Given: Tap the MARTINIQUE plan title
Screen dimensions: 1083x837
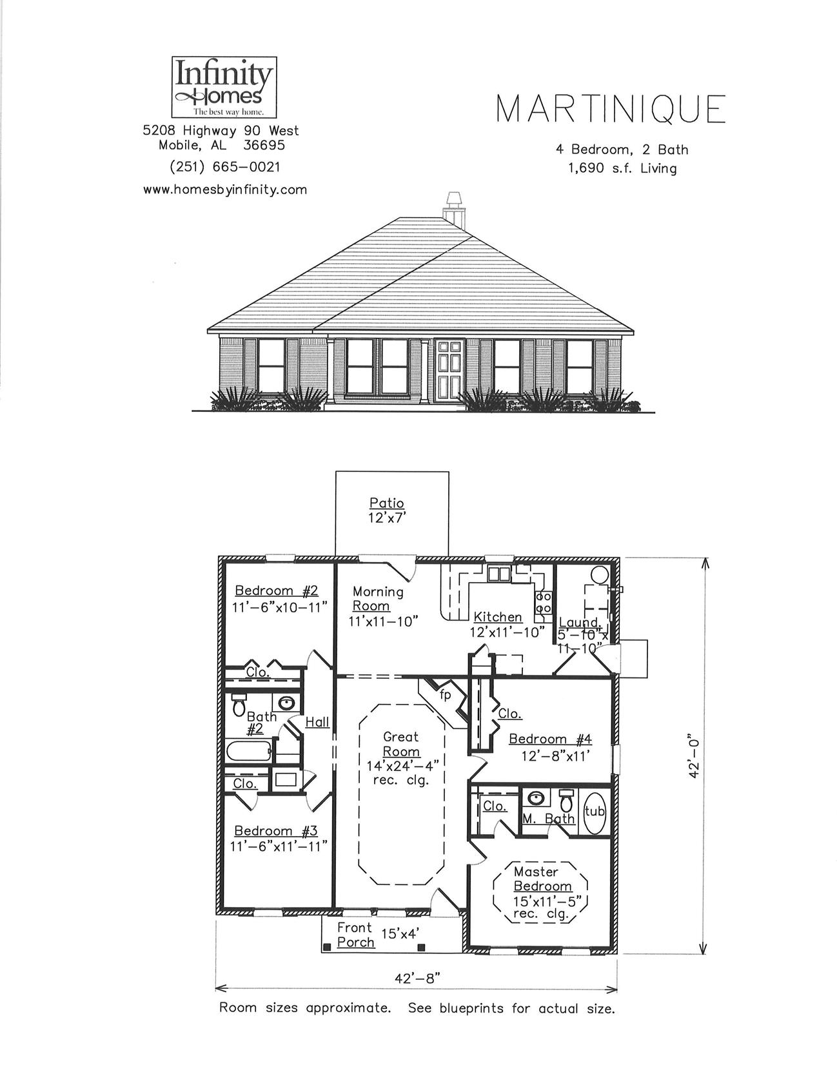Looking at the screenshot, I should pos(610,109).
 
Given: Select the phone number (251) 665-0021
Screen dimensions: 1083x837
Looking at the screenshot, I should pos(224,167).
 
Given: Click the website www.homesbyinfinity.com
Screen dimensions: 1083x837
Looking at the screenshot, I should pos(224,190).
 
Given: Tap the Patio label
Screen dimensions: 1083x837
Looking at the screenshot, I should pos(387,503).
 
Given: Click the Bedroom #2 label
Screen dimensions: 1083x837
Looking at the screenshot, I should pos(276,590).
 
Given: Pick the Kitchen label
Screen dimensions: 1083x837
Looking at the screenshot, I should pos(497,617).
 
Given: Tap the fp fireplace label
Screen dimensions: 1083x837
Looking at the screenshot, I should pos(446,696).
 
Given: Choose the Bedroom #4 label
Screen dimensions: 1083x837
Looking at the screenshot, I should pos(550,739).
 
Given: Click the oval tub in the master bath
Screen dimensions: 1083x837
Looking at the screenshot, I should pos(594,811).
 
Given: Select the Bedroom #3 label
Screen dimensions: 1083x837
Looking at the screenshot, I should pos(276,831).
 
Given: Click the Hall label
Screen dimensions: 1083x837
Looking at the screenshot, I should pos(317,722).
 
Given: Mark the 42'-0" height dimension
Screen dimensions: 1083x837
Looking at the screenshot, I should pos(694,756).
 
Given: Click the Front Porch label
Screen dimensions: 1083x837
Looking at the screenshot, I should pos(355,935).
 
